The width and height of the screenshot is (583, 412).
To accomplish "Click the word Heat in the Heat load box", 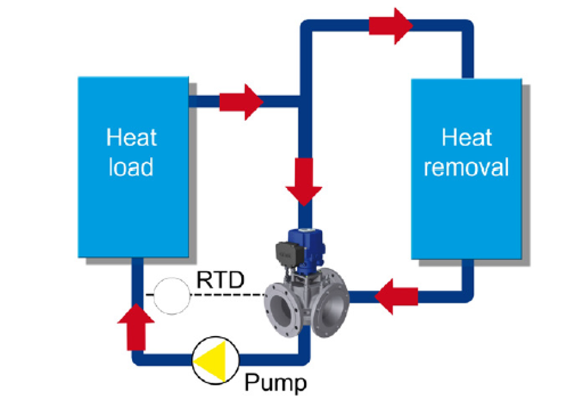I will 132,138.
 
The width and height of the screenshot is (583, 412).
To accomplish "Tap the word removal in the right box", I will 466,167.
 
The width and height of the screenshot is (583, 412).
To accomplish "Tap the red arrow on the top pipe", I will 391,26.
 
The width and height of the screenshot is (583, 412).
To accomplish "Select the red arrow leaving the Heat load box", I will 241,102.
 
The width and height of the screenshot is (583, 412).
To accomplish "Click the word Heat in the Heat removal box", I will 466,138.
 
